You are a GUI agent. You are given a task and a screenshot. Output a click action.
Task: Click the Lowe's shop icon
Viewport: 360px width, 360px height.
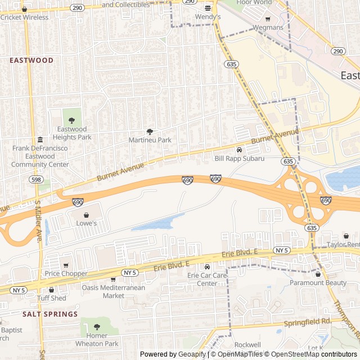[x=86, y=215]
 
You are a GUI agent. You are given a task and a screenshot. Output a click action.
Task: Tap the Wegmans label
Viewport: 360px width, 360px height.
[x=268, y=28]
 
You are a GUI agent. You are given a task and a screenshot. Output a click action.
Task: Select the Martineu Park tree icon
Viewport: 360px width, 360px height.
[x=150, y=131]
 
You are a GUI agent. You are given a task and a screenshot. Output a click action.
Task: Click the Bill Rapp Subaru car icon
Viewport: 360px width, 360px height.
[x=239, y=150]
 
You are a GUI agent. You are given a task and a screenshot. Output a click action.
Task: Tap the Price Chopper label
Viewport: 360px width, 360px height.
[x=66, y=274]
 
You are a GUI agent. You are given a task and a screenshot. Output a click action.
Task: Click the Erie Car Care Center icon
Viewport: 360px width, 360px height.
[x=207, y=267]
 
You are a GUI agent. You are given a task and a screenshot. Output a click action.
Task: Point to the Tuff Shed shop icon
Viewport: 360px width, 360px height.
[x=51, y=290]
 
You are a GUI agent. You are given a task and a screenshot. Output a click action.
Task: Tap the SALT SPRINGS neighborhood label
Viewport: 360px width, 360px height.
[x=50, y=314]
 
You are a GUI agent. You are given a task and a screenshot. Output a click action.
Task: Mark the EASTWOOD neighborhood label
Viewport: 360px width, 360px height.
[x=31, y=60]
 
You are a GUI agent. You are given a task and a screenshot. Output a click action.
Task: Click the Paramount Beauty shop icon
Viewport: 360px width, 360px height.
[x=318, y=274]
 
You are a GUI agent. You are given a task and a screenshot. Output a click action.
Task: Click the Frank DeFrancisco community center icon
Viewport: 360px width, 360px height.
[x=40, y=140]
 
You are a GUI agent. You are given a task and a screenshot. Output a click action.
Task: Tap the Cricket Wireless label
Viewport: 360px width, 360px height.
[x=24, y=17]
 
